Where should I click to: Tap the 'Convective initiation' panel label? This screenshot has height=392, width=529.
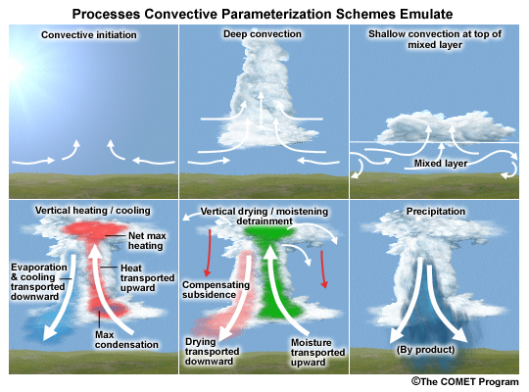pos(89,34)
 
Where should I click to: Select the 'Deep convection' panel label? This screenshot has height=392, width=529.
pos(263,33)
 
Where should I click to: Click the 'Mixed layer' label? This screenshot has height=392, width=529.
pos(441,164)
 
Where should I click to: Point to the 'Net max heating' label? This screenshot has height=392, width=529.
pos(147,241)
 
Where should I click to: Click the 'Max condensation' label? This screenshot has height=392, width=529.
pos(126,340)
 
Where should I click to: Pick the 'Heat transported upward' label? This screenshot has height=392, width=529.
pos(147,278)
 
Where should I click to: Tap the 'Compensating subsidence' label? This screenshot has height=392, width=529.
pos(216,290)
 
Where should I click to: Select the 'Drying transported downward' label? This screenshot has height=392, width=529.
pos(212,352)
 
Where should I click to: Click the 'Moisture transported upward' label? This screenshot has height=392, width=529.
pos(317,352)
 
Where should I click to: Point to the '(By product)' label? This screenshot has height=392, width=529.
pos(425,350)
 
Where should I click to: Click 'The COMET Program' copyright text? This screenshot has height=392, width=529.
pos(465,381)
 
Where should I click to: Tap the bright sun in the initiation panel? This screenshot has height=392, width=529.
pos(14,68)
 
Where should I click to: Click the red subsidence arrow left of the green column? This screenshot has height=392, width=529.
pos(208,253)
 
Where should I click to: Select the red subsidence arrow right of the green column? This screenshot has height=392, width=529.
pos(323,269)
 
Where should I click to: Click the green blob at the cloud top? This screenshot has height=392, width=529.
pos(270,232)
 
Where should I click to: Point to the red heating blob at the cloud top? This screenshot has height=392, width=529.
pos(91,230)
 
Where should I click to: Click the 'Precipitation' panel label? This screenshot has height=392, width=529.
pos(436,212)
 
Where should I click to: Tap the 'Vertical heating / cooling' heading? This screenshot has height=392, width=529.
pos(93,211)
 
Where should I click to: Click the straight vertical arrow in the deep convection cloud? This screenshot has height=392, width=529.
pos(261,109)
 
